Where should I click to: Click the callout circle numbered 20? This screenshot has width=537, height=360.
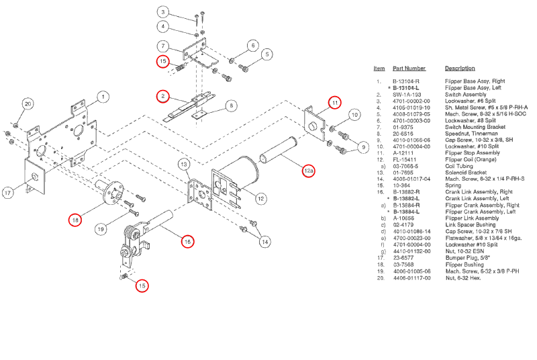[28, 104]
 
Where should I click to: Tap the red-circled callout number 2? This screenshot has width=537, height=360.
[162, 96]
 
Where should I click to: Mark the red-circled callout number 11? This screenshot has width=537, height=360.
[334, 103]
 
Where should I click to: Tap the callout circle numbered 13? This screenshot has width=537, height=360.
[183, 165]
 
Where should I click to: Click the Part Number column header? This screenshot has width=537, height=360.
[409, 69]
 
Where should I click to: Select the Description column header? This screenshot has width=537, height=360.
[459, 69]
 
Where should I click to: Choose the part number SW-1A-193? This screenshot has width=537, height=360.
[405, 95]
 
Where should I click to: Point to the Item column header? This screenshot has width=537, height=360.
[379, 69]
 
